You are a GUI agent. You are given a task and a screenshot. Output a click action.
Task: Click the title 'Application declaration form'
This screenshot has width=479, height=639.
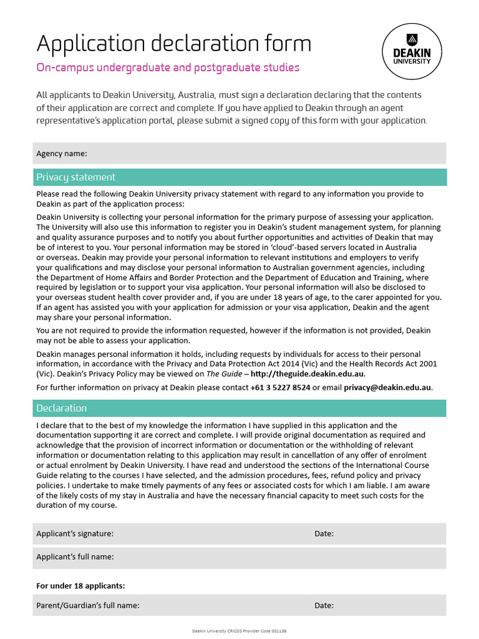point(173,44)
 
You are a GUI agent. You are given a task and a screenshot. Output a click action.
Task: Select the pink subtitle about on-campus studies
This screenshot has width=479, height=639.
point(168,67)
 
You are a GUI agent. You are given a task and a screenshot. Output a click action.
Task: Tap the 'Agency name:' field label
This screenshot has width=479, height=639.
point(62,154)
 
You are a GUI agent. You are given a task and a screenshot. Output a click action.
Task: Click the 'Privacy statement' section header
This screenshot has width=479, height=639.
point(75,177)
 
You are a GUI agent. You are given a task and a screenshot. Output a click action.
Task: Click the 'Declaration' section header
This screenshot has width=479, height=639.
point(61,408)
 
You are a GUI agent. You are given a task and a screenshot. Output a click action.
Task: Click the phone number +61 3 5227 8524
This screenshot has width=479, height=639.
point(281,388)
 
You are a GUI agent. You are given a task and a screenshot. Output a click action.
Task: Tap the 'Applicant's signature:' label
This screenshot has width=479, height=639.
point(75,534)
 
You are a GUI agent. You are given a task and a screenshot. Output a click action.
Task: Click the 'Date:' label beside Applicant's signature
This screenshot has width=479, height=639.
point(324,534)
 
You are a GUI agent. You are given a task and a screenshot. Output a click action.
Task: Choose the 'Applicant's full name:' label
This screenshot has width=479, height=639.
point(75,557)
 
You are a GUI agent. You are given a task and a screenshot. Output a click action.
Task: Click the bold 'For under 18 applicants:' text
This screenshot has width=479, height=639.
point(80,586)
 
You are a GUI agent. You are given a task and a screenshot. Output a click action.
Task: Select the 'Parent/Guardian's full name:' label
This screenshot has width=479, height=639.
point(87,605)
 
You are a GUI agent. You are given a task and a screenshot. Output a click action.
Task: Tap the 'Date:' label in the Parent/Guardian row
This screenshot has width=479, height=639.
point(324,605)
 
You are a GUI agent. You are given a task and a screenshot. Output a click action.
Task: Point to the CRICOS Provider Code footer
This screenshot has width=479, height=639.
point(239,632)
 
